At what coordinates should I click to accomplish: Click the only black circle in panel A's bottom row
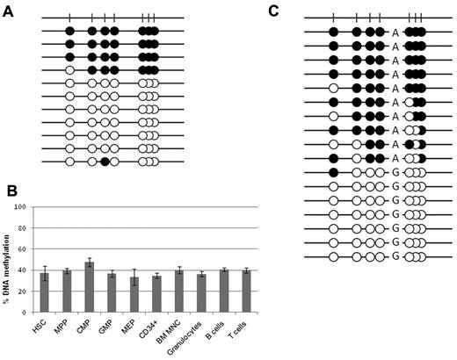click(104, 162)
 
